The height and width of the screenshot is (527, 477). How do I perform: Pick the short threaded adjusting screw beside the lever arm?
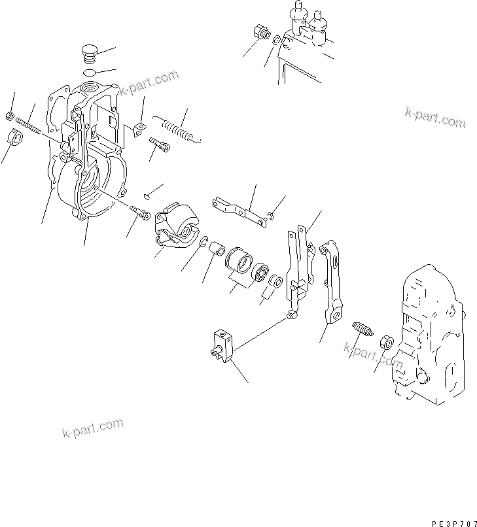point(362,328)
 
